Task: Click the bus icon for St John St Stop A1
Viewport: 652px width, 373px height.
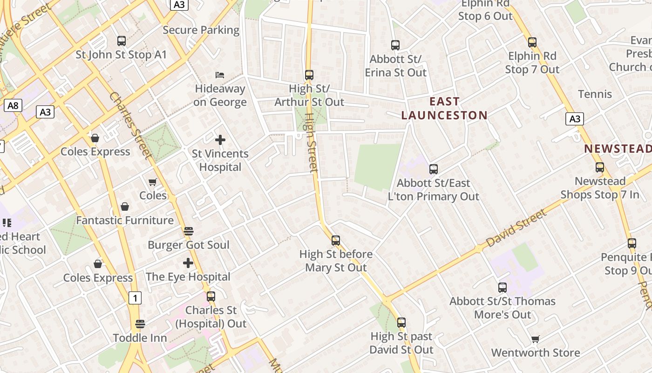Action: [x=122, y=41]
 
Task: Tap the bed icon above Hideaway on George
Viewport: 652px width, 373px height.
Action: [x=220, y=75]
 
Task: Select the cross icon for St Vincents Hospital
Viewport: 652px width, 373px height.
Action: [x=220, y=139]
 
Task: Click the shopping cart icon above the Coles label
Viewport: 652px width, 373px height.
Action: [x=153, y=182]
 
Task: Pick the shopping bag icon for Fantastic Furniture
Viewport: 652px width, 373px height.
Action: [x=125, y=207]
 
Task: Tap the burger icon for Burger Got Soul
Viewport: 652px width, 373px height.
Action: [x=189, y=231]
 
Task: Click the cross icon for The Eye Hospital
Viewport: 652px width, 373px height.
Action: [x=188, y=263]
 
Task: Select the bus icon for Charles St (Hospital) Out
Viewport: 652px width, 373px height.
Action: [x=211, y=296]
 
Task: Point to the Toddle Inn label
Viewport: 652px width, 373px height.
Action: [x=140, y=338]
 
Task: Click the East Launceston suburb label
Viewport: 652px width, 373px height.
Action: [x=444, y=108]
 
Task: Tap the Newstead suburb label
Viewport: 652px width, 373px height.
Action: [x=618, y=149]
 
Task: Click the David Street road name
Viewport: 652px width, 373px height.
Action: [x=516, y=228]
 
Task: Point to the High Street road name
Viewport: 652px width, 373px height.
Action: [x=311, y=145]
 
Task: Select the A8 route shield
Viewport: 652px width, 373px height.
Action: [x=13, y=105]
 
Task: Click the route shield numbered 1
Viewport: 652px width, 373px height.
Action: [x=135, y=297]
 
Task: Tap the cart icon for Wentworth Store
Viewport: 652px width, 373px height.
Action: [x=536, y=339]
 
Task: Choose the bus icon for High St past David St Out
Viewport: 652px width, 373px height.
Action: [x=401, y=323]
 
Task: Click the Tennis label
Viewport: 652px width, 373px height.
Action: [x=595, y=94]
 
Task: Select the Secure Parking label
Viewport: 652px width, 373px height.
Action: [x=201, y=30]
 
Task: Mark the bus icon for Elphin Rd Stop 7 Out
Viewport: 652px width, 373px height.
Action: [x=532, y=42]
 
